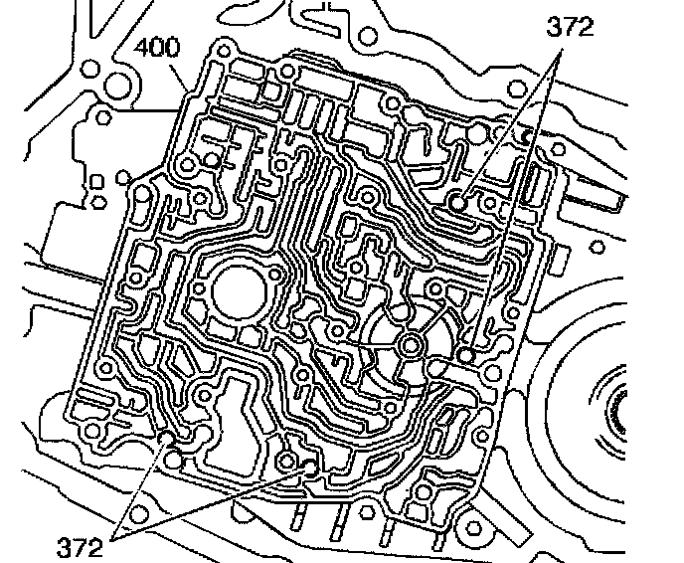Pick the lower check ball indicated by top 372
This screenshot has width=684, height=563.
(x=467, y=354)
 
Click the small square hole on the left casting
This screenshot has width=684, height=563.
(x=96, y=181)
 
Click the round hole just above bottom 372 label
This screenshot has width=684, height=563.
(x=138, y=514)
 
